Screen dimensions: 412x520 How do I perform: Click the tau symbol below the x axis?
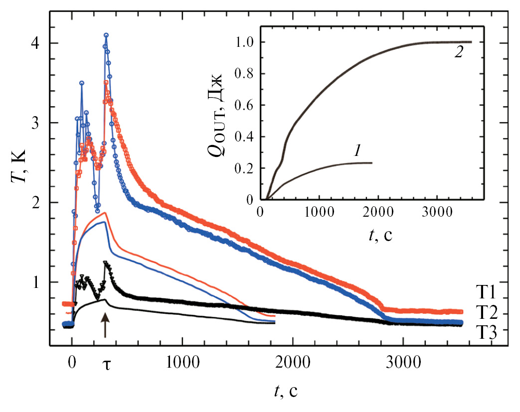[x=106, y=363]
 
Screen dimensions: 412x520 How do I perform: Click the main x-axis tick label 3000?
[x=403, y=362]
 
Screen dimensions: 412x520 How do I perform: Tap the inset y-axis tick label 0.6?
[x=245, y=105]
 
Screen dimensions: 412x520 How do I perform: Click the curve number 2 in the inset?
[x=458, y=53]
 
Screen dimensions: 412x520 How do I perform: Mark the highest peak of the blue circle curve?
[x=106, y=35]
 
